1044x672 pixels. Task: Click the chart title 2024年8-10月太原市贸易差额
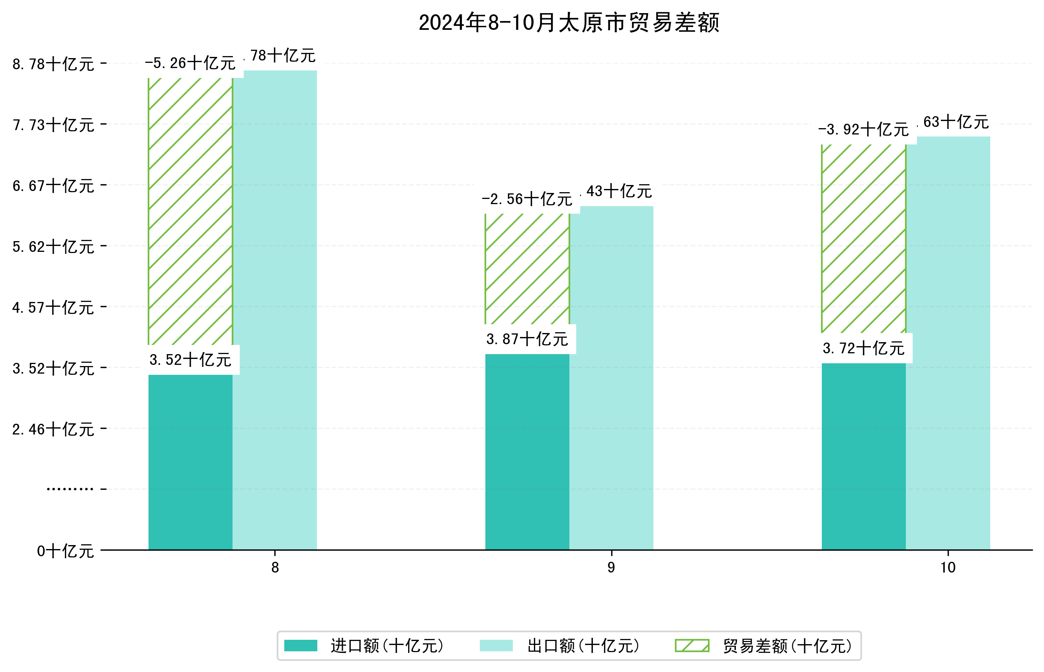pos(569,23)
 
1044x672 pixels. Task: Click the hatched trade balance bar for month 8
pos(190,212)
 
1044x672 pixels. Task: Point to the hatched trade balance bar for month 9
pos(527,269)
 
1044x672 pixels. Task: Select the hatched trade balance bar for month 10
pos(863,238)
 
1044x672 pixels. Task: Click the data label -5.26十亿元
pos(190,64)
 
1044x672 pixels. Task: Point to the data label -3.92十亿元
pos(863,130)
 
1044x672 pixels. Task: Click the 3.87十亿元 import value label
pos(527,339)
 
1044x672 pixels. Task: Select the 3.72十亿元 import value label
pos(863,349)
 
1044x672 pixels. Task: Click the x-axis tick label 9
pos(611,568)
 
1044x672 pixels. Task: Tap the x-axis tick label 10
pos(948,568)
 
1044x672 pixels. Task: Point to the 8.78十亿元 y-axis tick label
pos(53,64)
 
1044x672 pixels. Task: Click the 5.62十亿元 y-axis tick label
pos(53,247)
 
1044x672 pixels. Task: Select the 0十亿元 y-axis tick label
pos(65,551)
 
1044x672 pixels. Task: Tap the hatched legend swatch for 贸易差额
pos(692,646)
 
